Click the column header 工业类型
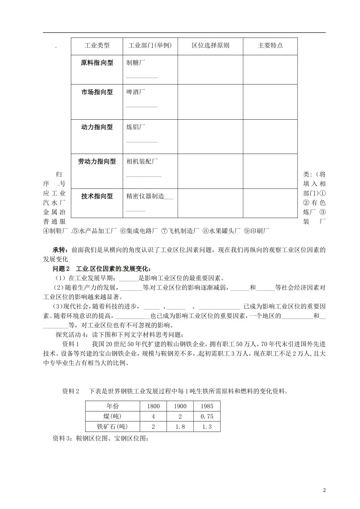[x=97, y=45]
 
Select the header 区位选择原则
[x=210, y=45]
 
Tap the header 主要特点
[x=270, y=45]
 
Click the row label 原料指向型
[x=97, y=63]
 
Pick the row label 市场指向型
[x=97, y=92]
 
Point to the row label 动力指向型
[x=97, y=127]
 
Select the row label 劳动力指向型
[x=97, y=162]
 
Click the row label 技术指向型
[x=97, y=196]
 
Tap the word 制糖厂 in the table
[x=135, y=63]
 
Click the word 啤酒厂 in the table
[x=135, y=92]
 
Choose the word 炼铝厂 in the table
[x=135, y=127]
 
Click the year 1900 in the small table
[x=180, y=406]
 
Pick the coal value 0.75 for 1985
[x=207, y=417]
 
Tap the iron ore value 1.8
[x=180, y=427]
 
